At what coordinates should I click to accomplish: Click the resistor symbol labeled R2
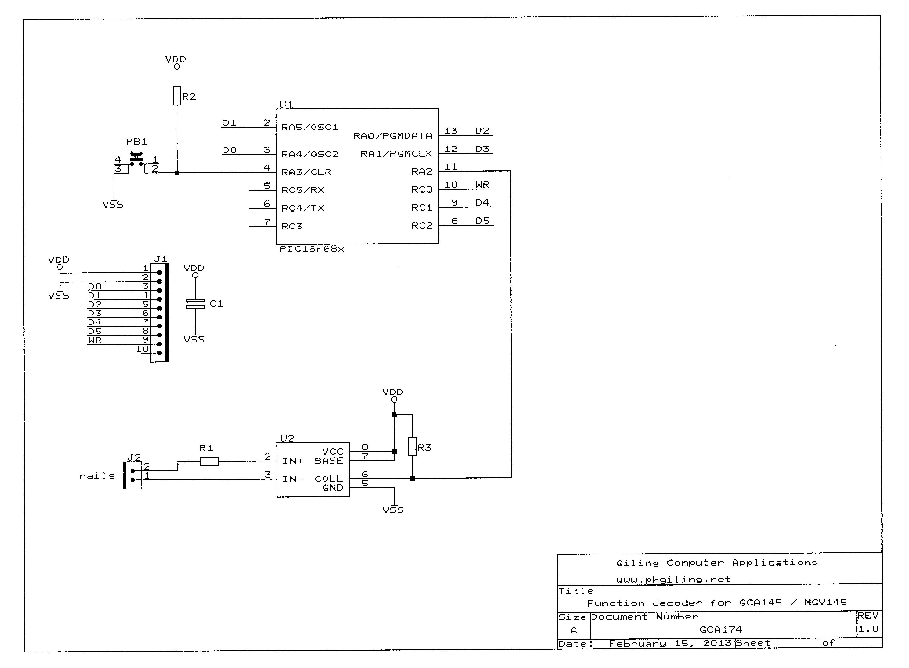click(177, 96)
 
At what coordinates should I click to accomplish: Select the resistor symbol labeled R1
click(209, 461)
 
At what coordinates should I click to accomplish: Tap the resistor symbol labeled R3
click(412, 447)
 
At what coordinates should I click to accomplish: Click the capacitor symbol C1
click(195, 304)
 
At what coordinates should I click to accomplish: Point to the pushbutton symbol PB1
click(136, 160)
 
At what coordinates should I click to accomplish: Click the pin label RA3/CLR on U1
click(306, 172)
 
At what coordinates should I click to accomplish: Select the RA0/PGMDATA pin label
click(393, 136)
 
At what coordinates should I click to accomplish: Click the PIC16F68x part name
click(312, 249)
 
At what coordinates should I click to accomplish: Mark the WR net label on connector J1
click(95, 340)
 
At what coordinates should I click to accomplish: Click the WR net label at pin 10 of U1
click(482, 185)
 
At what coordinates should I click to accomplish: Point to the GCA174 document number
click(720, 630)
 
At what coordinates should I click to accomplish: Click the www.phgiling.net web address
click(673, 580)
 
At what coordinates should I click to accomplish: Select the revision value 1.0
click(868, 629)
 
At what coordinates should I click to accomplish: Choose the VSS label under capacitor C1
click(194, 340)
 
